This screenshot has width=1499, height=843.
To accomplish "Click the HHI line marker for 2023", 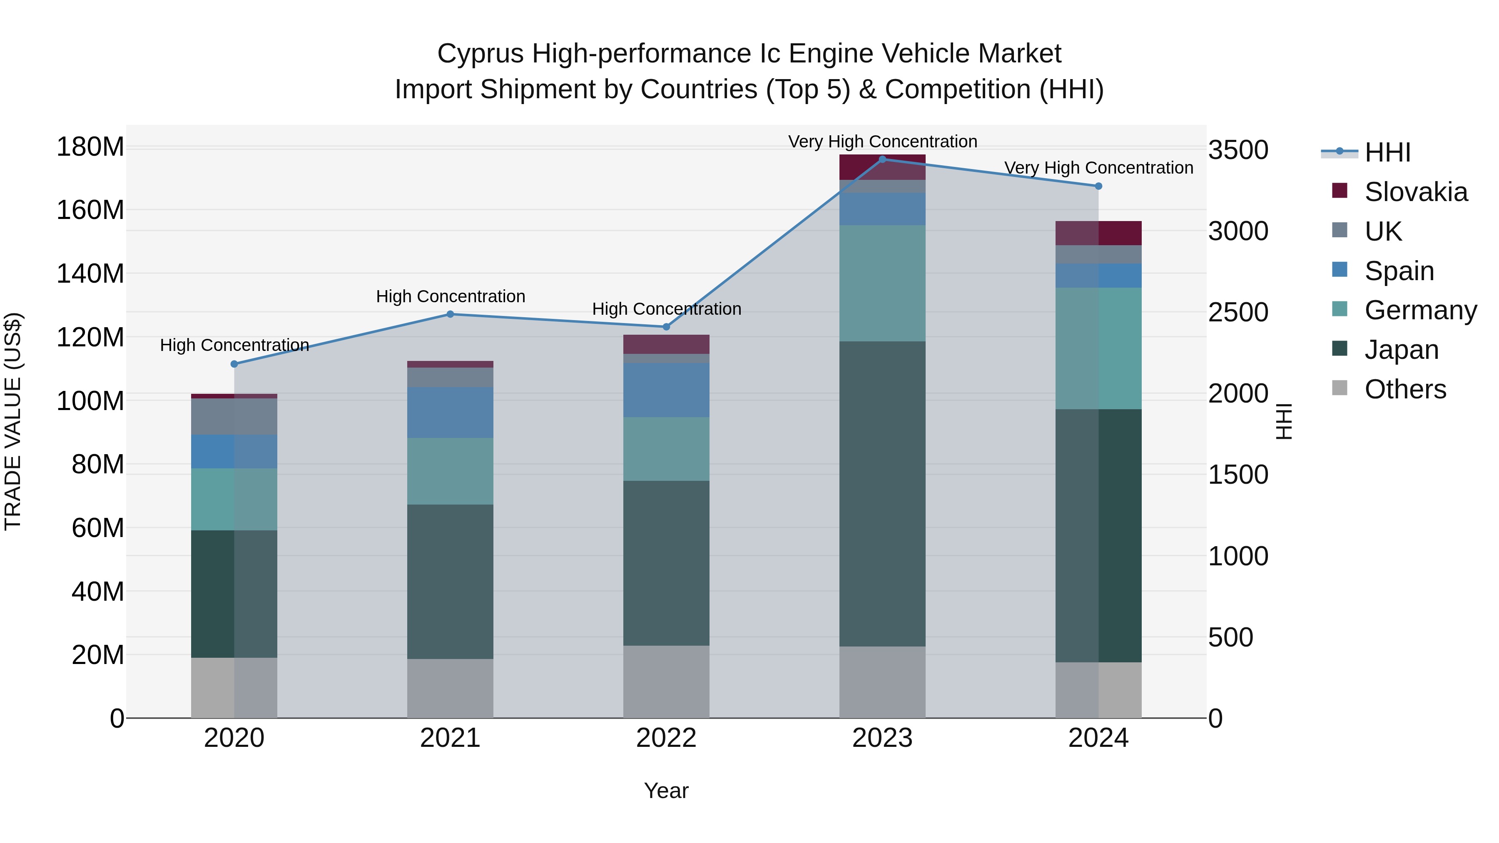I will pyautogui.click(x=882, y=159).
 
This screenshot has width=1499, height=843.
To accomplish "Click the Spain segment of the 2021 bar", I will pyautogui.click(x=450, y=413).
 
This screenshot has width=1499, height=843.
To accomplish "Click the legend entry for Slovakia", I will pyautogui.click(x=1416, y=192).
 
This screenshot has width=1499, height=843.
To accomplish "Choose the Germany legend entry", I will pyautogui.click(x=1420, y=310).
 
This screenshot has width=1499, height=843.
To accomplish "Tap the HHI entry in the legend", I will pyautogui.click(x=1387, y=152).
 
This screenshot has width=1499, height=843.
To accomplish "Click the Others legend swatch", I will pyautogui.click(x=1340, y=388).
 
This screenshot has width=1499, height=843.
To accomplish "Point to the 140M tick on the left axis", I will pyautogui.click(x=90, y=274).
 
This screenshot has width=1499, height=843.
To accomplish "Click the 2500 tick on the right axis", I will pyautogui.click(x=1238, y=312).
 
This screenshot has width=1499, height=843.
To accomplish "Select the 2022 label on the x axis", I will pyautogui.click(x=666, y=738).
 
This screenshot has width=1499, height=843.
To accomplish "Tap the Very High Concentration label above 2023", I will pyautogui.click(x=882, y=142).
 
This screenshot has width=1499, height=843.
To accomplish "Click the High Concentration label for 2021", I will pyautogui.click(x=451, y=296).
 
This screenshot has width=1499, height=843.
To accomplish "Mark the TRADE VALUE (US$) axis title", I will pyautogui.click(x=13, y=421).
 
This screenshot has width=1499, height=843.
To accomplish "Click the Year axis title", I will pyautogui.click(x=666, y=791).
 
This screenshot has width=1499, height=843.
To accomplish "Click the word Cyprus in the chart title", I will pyautogui.click(x=481, y=54).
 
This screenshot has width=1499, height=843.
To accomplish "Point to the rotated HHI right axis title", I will pyautogui.click(x=1283, y=421).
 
